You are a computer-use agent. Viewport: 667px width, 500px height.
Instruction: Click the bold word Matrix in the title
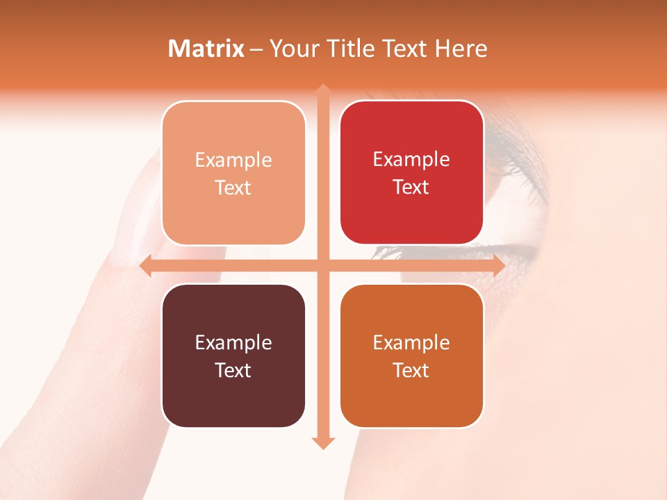[x=206, y=49]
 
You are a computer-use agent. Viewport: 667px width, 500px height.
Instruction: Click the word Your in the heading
[x=295, y=49]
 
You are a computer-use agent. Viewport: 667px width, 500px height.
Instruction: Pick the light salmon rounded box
[x=233, y=215]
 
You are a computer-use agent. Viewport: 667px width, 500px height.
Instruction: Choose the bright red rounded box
[x=411, y=215]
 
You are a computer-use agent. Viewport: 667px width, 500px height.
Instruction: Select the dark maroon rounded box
[x=233, y=399]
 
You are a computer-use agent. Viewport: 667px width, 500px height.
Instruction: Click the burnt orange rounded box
[x=411, y=399]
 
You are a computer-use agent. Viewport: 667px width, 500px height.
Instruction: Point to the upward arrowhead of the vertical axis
[x=323, y=90]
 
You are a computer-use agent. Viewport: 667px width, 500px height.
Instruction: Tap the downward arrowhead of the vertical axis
[x=323, y=442]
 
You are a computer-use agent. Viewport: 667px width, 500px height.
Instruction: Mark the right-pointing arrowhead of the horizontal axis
[x=498, y=265]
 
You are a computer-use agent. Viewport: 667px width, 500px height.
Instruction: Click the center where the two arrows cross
[x=323, y=265]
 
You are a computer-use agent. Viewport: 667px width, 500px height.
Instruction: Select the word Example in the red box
[x=411, y=160]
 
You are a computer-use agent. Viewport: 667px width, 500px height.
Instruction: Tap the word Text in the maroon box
[x=233, y=370]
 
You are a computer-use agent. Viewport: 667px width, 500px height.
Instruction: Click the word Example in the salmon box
[x=233, y=160]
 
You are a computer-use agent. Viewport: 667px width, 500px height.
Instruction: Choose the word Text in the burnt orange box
[x=411, y=370]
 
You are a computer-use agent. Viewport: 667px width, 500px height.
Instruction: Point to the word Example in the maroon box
[x=233, y=342]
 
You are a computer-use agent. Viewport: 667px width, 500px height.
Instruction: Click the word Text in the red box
[x=411, y=187]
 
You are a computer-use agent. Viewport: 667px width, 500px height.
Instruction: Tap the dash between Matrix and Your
[x=256, y=49]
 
